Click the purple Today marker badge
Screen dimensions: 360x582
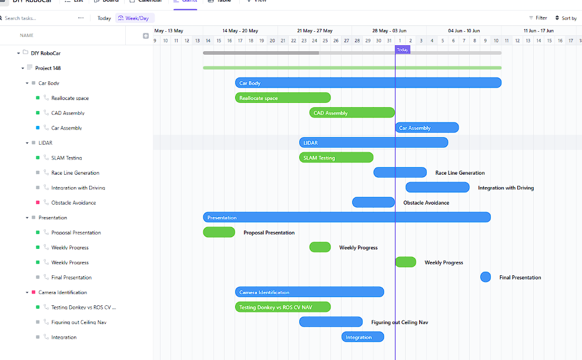(402, 50)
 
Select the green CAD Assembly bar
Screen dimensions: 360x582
(352, 113)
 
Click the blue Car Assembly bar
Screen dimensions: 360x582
(427, 128)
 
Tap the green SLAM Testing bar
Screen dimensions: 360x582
(336, 158)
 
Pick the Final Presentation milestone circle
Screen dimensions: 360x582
(486, 277)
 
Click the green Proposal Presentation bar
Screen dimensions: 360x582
(219, 232)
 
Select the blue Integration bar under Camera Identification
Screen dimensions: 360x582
(363, 337)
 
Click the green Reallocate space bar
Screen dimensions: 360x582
(283, 98)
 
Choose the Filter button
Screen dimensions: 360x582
(538, 18)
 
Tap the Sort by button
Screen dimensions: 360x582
(566, 18)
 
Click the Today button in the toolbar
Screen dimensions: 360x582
(104, 18)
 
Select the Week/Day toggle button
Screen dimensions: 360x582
(133, 18)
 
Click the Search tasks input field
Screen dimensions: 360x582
(35, 18)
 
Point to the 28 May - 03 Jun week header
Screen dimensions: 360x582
(389, 31)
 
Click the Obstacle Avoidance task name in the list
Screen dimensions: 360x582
(73, 203)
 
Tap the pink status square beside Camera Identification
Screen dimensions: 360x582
(34, 292)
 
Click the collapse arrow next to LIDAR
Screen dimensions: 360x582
(27, 143)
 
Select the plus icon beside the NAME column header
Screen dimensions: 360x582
(146, 36)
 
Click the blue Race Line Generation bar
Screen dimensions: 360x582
(400, 172)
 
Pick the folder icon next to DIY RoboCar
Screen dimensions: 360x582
(25, 53)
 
